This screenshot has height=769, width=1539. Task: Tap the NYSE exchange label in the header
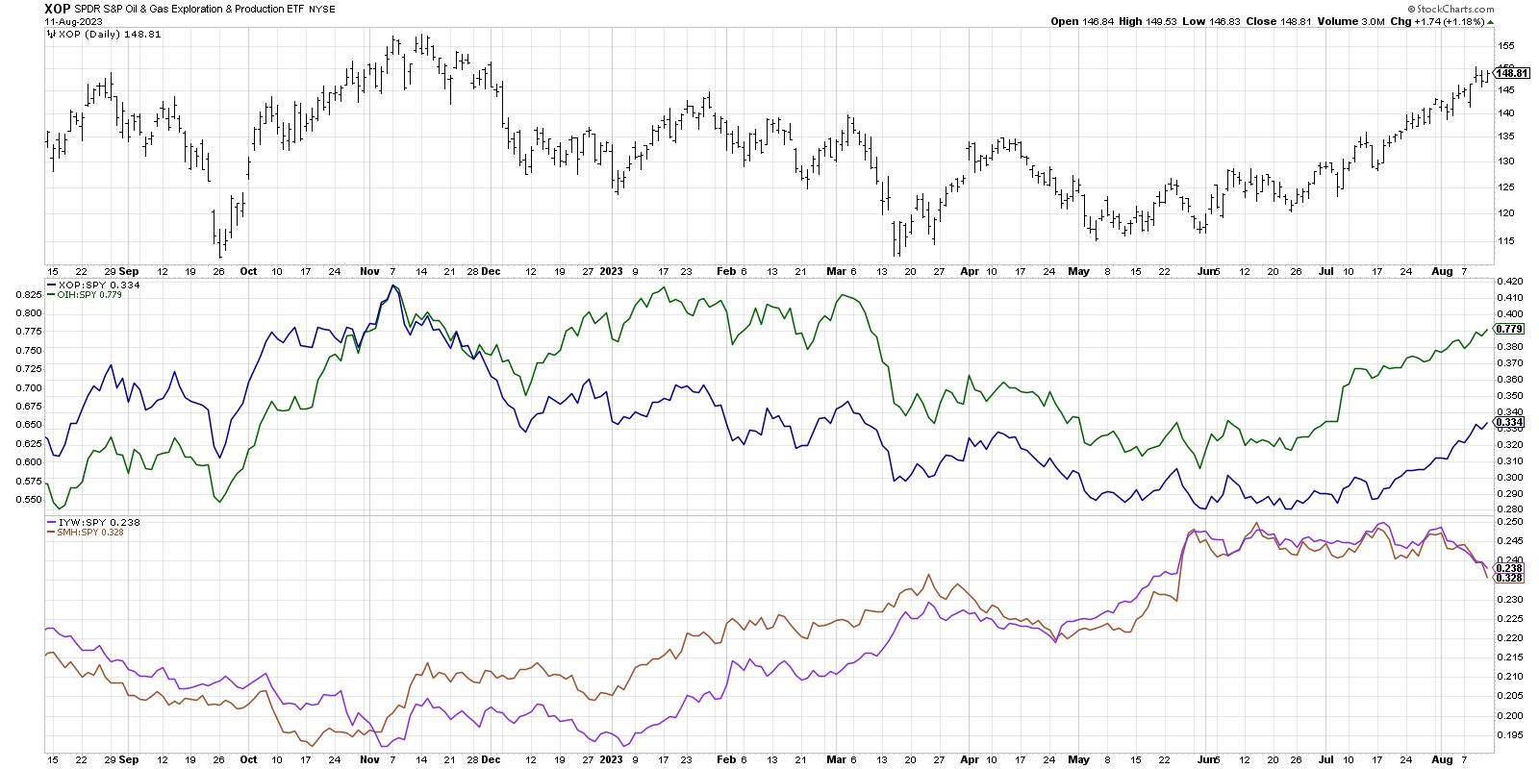[x=346, y=10]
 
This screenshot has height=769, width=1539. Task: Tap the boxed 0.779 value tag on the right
[x=1509, y=329]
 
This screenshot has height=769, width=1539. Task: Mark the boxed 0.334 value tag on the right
[x=1509, y=422]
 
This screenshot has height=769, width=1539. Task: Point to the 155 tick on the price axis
[x=1506, y=45]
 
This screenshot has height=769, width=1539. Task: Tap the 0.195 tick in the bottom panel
[x=1509, y=735]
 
